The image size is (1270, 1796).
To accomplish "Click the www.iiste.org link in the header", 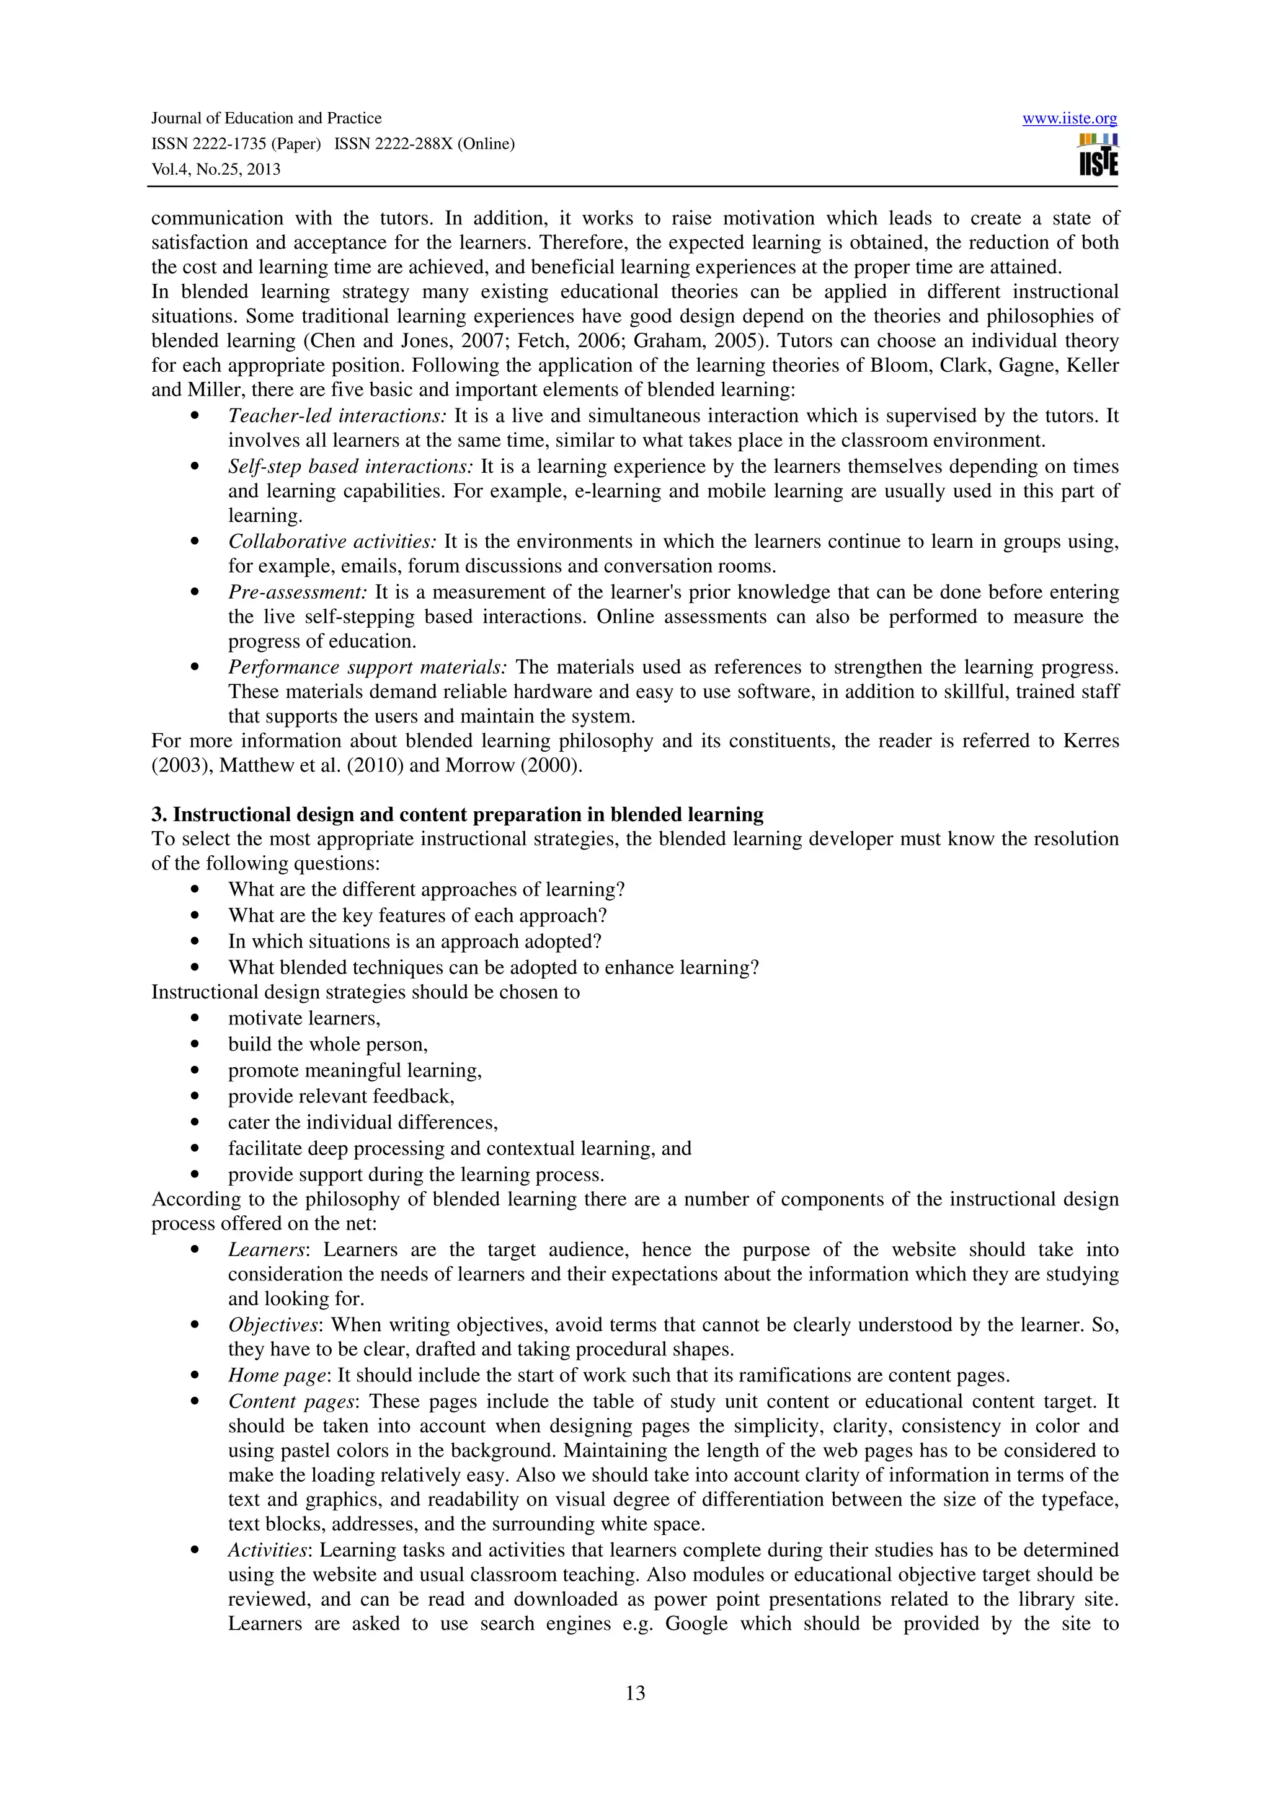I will (x=1069, y=119).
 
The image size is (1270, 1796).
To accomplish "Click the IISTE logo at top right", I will (x=1098, y=156).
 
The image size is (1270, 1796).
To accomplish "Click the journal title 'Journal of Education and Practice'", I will (x=266, y=118).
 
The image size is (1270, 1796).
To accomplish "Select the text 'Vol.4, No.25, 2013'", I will (x=216, y=170).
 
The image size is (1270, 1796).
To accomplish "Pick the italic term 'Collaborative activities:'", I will (x=332, y=541).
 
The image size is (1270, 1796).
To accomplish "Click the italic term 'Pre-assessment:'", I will (x=298, y=592).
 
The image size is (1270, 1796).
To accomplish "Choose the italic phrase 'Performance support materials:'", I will (x=368, y=667).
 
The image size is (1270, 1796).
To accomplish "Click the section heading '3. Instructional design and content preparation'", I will (x=457, y=814).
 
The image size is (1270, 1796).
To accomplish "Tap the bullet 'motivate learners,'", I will (x=304, y=1018).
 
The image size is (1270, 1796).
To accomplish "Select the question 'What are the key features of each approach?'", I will (x=418, y=915).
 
